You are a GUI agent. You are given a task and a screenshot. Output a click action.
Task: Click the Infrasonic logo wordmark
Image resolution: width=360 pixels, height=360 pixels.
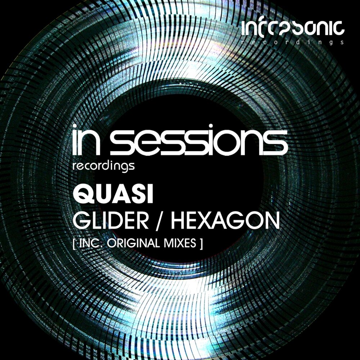tap(293, 28)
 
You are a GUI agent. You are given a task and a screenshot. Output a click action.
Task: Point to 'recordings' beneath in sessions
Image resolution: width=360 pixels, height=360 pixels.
tap(104, 166)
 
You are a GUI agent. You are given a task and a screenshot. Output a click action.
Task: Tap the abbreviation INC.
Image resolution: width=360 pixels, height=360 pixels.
tap(89, 244)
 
